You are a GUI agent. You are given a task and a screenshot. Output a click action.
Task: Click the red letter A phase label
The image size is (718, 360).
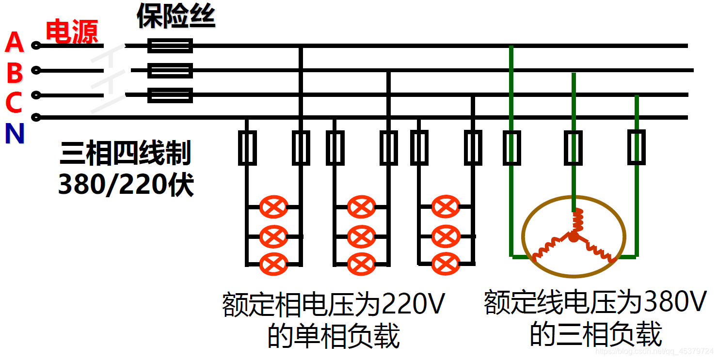pos(15,43)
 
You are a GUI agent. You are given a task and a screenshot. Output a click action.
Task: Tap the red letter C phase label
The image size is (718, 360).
pos(14,103)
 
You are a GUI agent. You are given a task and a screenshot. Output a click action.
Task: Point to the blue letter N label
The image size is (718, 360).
pos(14,134)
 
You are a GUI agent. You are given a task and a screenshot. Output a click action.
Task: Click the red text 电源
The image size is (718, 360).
pos(72,32)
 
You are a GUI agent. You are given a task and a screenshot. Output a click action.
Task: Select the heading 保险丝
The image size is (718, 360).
pos(176,16)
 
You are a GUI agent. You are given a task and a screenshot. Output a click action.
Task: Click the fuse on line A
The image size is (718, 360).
pos(170,46)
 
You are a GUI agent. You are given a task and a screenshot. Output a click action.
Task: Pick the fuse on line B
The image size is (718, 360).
pos(170,71)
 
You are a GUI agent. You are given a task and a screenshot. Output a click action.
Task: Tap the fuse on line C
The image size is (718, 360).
pos(170,95)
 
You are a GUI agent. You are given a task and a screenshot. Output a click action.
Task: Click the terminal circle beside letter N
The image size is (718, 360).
pos(35,117)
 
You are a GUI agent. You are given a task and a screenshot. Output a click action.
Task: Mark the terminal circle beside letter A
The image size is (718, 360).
pos(35,46)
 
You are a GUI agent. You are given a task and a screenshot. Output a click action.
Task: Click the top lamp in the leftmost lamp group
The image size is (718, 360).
pos(273,207)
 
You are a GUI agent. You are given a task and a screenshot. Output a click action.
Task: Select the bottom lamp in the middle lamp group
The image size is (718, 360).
pos(361,264)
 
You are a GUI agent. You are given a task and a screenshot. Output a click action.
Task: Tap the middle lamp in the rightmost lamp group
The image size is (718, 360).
pos(445,236)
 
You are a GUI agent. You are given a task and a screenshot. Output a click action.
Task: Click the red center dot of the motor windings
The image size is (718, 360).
pos(574,237)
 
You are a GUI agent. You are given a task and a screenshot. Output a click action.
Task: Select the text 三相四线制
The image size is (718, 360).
pos(126,153)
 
